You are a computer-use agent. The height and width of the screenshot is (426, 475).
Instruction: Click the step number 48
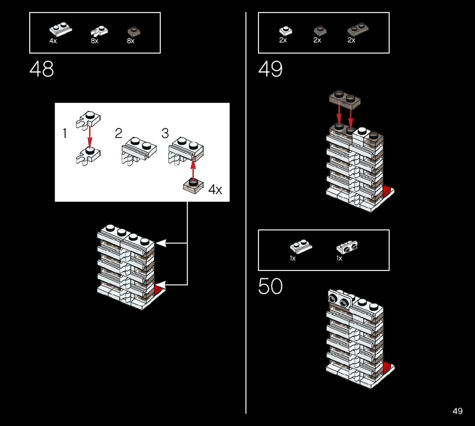pyautogui.click(x=42, y=70)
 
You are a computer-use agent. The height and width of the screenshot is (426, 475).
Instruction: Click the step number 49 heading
pyautogui.click(x=270, y=70)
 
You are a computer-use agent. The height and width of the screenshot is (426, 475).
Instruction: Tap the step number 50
pyautogui.click(x=270, y=287)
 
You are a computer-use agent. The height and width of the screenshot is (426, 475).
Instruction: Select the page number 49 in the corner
pyautogui.click(x=457, y=411)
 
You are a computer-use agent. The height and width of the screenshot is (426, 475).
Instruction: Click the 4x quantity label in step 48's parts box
pyautogui.click(x=53, y=41)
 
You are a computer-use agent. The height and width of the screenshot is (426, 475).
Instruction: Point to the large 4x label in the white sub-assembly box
pyautogui.click(x=215, y=189)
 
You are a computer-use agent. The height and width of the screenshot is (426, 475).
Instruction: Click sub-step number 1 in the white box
pyautogui.click(x=65, y=134)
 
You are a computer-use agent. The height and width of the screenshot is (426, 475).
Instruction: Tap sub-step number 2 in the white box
pyautogui.click(x=119, y=134)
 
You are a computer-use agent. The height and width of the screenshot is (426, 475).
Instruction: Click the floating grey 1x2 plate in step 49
pyautogui.click(x=344, y=98)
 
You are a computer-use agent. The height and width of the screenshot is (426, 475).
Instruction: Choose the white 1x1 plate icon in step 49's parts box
pyautogui.click(x=286, y=30)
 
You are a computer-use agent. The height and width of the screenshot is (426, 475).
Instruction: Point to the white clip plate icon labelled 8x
pyautogui.click(x=99, y=31)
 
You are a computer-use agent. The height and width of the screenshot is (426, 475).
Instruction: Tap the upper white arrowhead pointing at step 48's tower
pyautogui.click(x=161, y=243)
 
